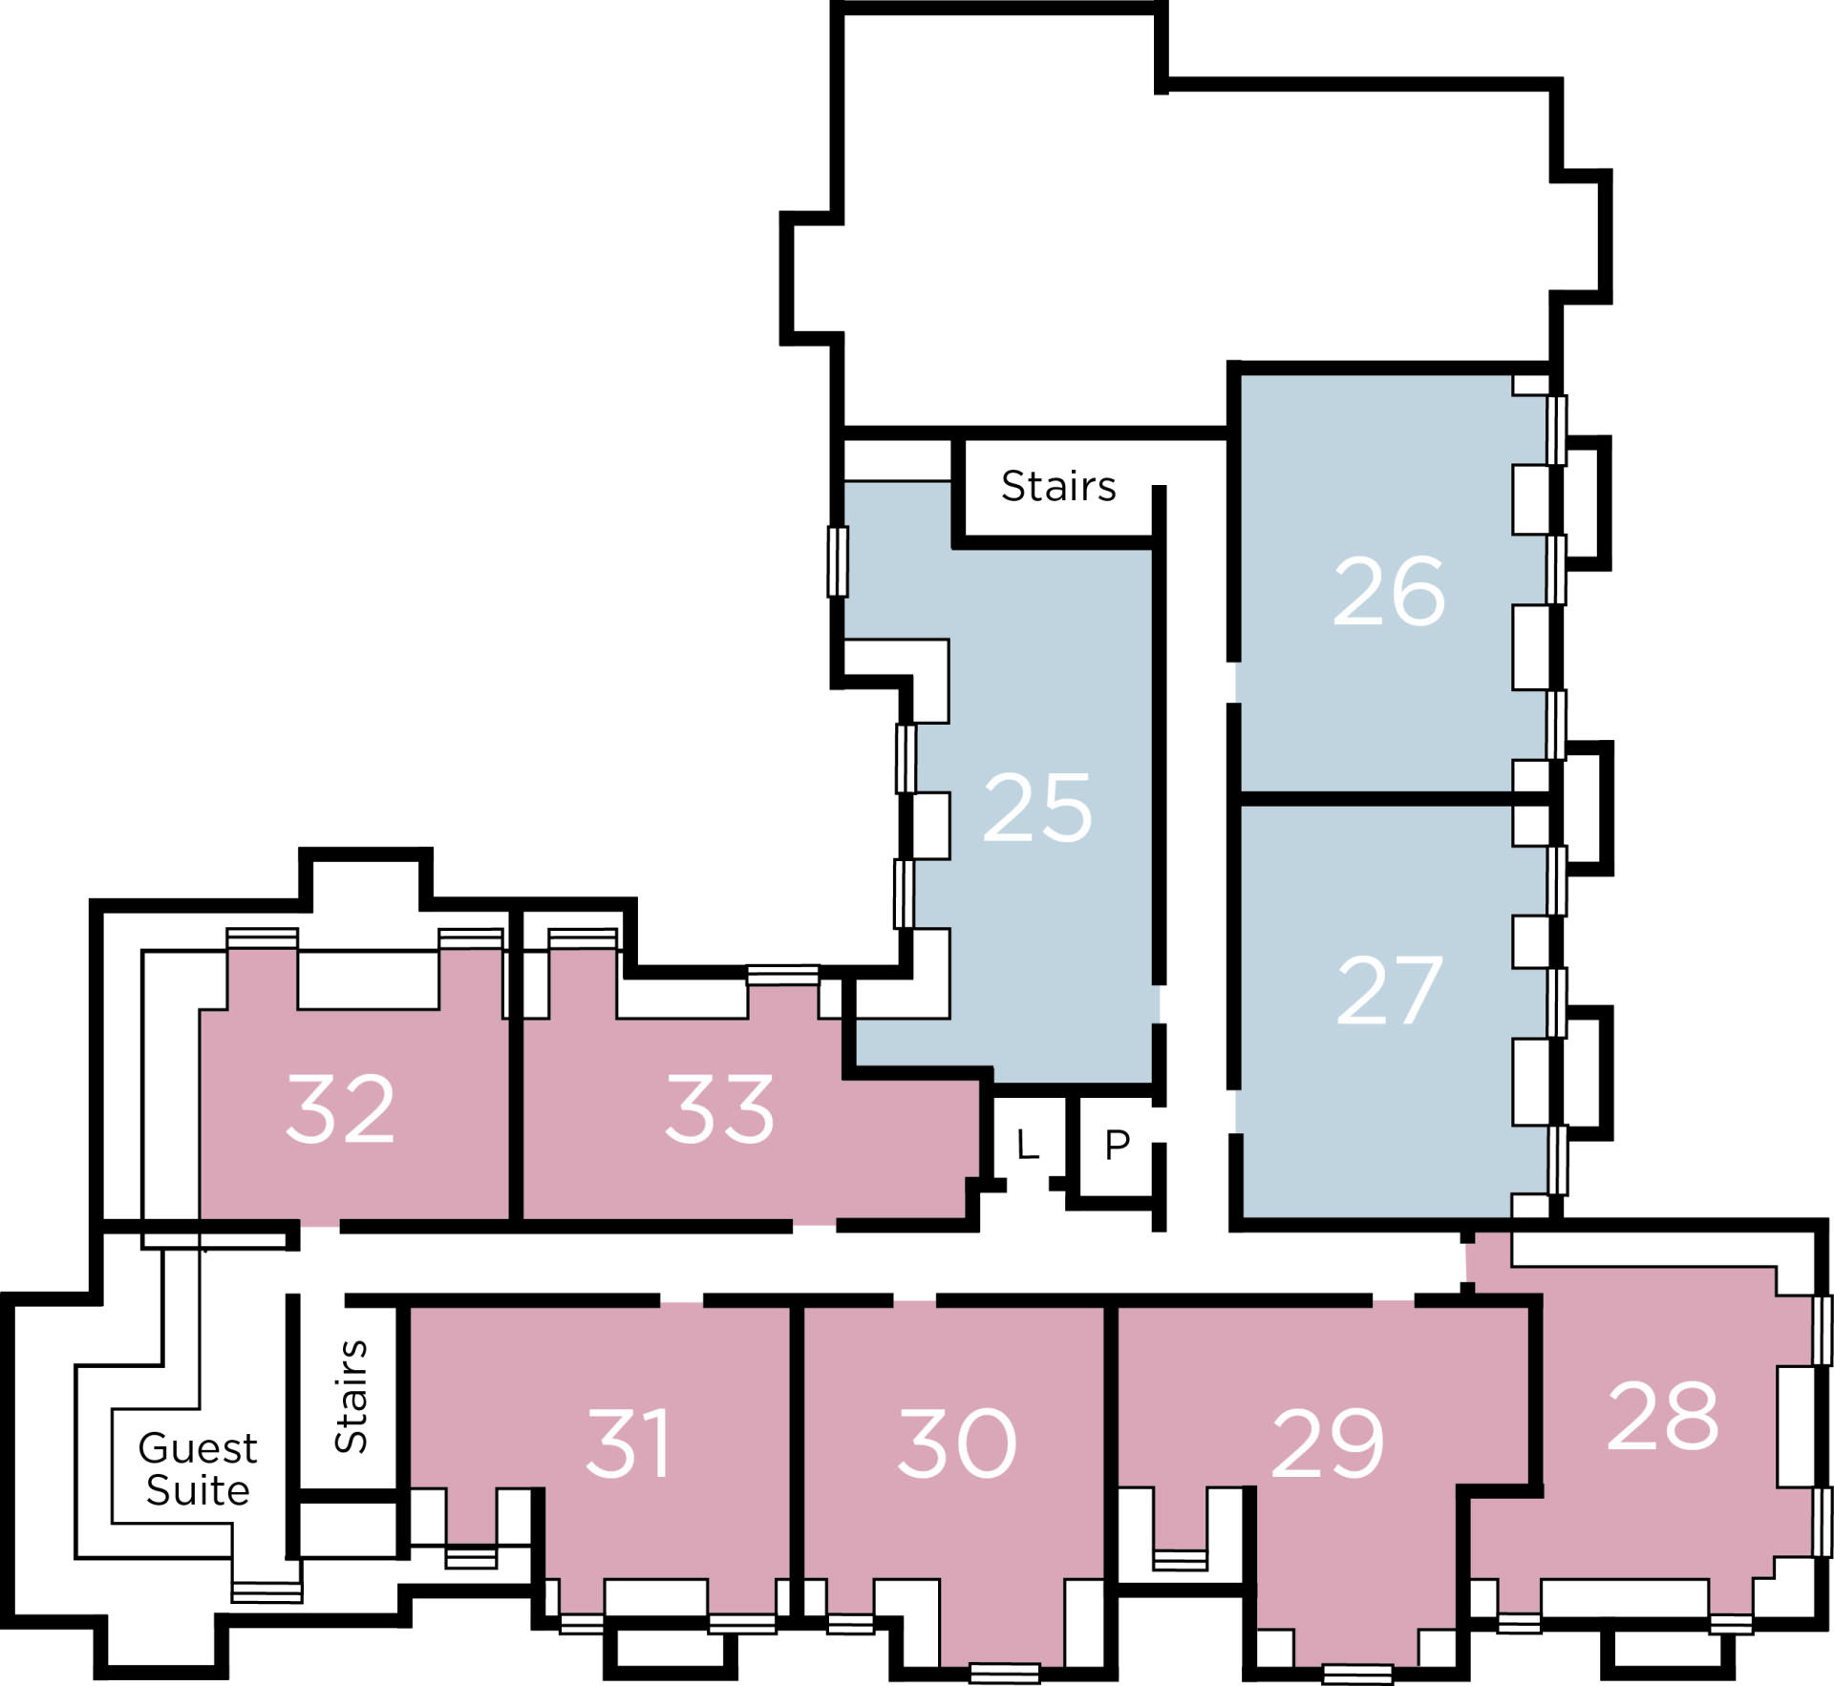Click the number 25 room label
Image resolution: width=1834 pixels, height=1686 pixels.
[1037, 809]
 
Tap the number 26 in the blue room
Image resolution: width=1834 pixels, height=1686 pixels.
[1389, 592]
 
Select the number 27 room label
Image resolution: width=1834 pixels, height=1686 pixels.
[1389, 991]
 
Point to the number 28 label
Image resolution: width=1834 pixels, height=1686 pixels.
[1663, 1416]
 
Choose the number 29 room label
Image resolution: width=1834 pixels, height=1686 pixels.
[1328, 1443]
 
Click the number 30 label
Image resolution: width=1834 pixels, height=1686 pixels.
[957, 1443]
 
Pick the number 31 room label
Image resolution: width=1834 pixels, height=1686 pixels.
[628, 1443]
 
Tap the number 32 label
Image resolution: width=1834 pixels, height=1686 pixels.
[340, 1108]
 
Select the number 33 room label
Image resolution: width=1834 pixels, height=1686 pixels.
[719, 1108]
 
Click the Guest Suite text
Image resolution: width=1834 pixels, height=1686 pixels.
[198, 1469]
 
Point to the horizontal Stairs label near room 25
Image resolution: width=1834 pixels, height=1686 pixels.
[1058, 486]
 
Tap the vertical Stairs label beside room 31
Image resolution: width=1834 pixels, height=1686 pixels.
[351, 1397]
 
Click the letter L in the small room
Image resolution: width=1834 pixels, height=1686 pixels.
[1027, 1144]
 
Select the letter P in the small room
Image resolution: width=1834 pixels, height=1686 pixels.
[1118, 1144]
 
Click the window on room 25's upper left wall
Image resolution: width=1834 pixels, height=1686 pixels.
[838, 562]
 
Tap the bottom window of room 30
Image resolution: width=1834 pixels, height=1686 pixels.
[1004, 1673]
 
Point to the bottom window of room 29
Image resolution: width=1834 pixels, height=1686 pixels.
[1357, 1674]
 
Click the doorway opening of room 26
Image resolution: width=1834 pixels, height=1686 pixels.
[1234, 684]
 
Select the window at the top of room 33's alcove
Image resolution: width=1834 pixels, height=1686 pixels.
[782, 975]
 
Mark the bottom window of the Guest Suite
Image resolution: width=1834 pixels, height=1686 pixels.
[267, 1592]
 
